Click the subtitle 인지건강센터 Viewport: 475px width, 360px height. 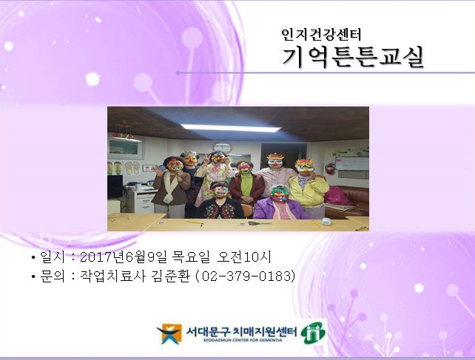click(x=321, y=33)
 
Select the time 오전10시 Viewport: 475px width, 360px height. click(x=245, y=257)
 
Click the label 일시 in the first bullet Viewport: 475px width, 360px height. click(x=53, y=257)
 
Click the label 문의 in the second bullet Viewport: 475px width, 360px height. click(x=53, y=276)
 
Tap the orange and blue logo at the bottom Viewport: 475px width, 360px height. click(x=169, y=334)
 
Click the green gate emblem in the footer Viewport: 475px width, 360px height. click(x=312, y=333)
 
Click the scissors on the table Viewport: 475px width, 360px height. click(x=251, y=222)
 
